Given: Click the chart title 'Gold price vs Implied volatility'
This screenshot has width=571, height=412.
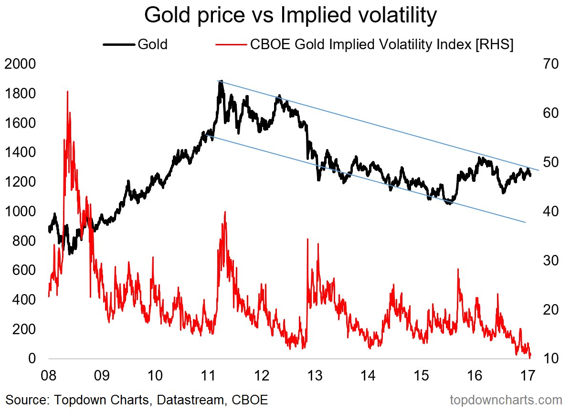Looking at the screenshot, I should coord(290,16).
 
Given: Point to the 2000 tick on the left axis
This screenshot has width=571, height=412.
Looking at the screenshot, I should coord(20,63).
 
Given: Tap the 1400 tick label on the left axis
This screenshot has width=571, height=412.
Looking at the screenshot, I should coord(20,152).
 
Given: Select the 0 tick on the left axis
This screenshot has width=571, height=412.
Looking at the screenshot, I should coord(32,359).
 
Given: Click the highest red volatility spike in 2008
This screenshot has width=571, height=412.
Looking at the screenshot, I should coord(67,92).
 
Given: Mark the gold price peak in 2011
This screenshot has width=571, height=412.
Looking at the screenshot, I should coord(220,82).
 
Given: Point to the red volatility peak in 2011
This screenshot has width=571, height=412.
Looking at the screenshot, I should coord(224,212).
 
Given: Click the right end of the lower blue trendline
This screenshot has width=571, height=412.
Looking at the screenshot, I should coord(525,222).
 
